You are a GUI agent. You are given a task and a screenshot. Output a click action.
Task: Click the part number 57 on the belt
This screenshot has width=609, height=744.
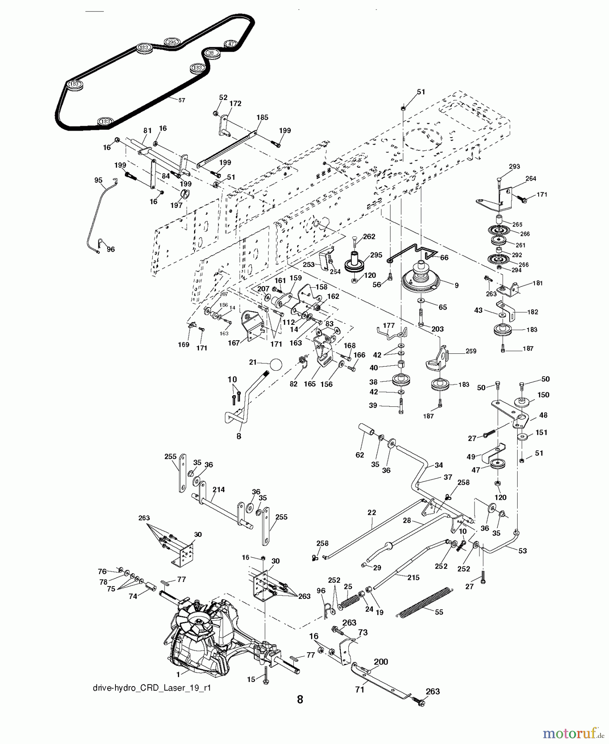click(182, 100)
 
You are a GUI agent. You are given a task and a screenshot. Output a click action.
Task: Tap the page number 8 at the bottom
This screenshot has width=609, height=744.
click(300, 699)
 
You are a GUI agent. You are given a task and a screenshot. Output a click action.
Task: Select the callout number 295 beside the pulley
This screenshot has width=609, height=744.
click(376, 255)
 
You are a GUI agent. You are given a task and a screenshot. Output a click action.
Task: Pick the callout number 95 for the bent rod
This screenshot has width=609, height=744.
click(98, 180)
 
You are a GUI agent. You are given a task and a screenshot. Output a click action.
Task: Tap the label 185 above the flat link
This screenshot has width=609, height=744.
click(262, 117)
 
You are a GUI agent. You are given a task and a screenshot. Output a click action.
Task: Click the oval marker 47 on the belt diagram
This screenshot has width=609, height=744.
click(230, 43)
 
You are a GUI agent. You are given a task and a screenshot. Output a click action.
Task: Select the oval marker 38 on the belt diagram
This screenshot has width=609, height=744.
click(211, 53)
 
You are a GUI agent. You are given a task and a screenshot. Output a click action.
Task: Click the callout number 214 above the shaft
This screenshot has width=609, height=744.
click(218, 490)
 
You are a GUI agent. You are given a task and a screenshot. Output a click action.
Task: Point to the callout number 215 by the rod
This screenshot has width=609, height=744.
click(413, 577)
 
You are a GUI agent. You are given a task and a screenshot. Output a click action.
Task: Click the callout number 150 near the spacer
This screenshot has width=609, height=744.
click(543, 395)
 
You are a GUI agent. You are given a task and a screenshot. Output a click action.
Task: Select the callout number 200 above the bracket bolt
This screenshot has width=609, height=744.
click(381, 662)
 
